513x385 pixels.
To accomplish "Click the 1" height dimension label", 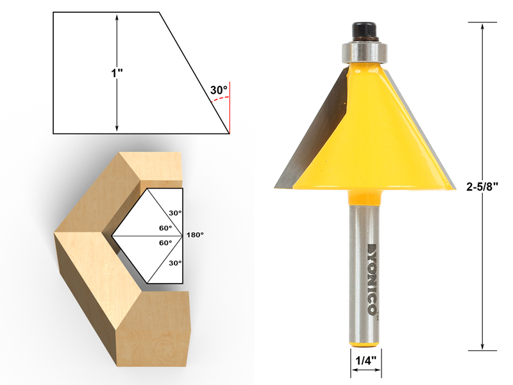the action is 117,73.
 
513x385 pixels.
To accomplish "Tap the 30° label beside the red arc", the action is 219,90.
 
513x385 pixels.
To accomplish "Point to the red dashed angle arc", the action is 219,99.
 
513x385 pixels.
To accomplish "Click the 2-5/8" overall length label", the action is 482,186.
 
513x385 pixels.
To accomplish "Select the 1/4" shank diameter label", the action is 366,360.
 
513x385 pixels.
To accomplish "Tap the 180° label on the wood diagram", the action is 195,235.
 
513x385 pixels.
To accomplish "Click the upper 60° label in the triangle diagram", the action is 165,228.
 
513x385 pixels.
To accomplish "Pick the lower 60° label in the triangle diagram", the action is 165,243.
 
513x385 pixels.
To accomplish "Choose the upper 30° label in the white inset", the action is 175,213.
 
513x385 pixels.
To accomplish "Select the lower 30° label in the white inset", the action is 175,263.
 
